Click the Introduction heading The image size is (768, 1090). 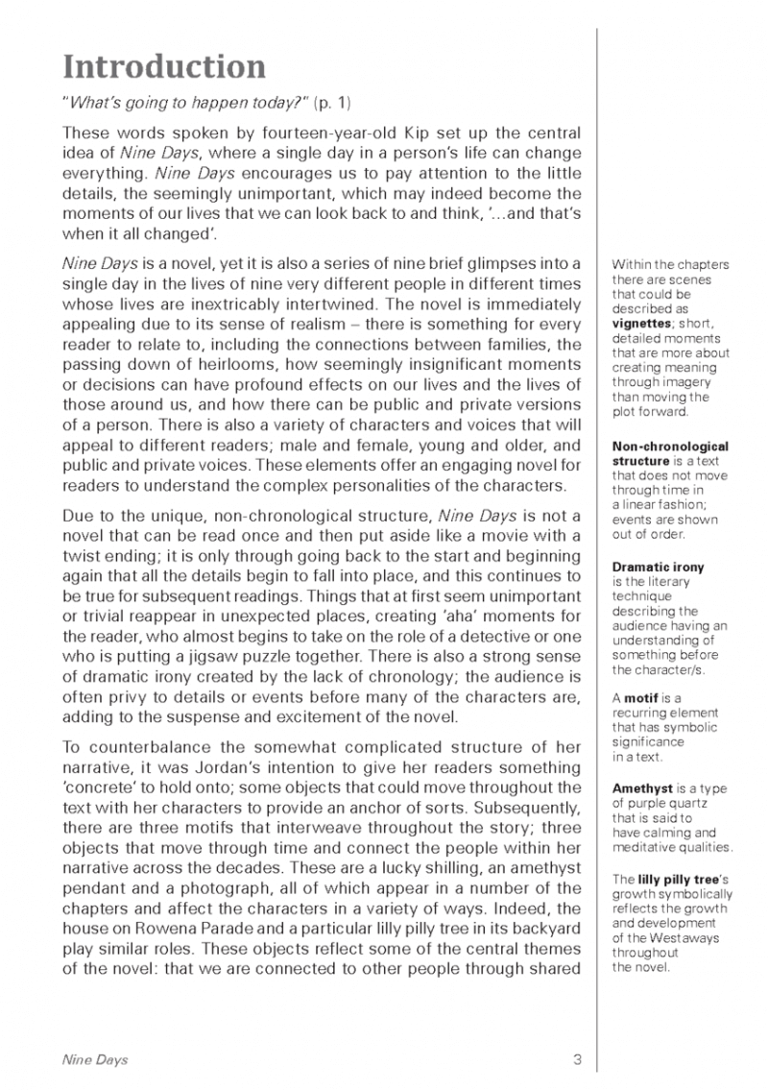coord(164,68)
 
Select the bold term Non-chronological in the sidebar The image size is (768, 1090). coord(669,446)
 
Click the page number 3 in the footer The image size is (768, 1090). coord(578,1059)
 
